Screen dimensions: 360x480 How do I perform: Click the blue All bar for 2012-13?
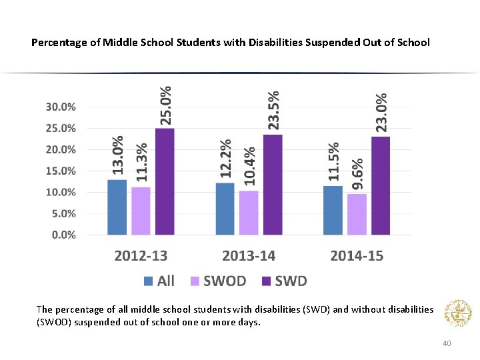[117, 207]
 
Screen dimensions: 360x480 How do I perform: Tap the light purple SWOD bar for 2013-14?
[249, 213]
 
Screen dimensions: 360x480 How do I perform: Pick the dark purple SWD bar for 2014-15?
[381, 185]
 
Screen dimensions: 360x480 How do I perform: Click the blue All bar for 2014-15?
[333, 210]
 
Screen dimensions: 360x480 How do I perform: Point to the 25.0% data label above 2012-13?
[165, 104]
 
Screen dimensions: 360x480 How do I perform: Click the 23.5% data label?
[273, 110]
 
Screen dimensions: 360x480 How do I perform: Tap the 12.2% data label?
[226, 158]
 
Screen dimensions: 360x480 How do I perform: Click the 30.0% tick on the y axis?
[60, 107]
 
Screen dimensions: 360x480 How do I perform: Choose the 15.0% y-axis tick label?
[60, 171]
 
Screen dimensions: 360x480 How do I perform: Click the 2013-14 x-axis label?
[249, 256]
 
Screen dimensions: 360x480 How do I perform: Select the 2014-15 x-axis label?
[357, 256]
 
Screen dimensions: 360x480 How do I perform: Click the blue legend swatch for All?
[148, 281]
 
